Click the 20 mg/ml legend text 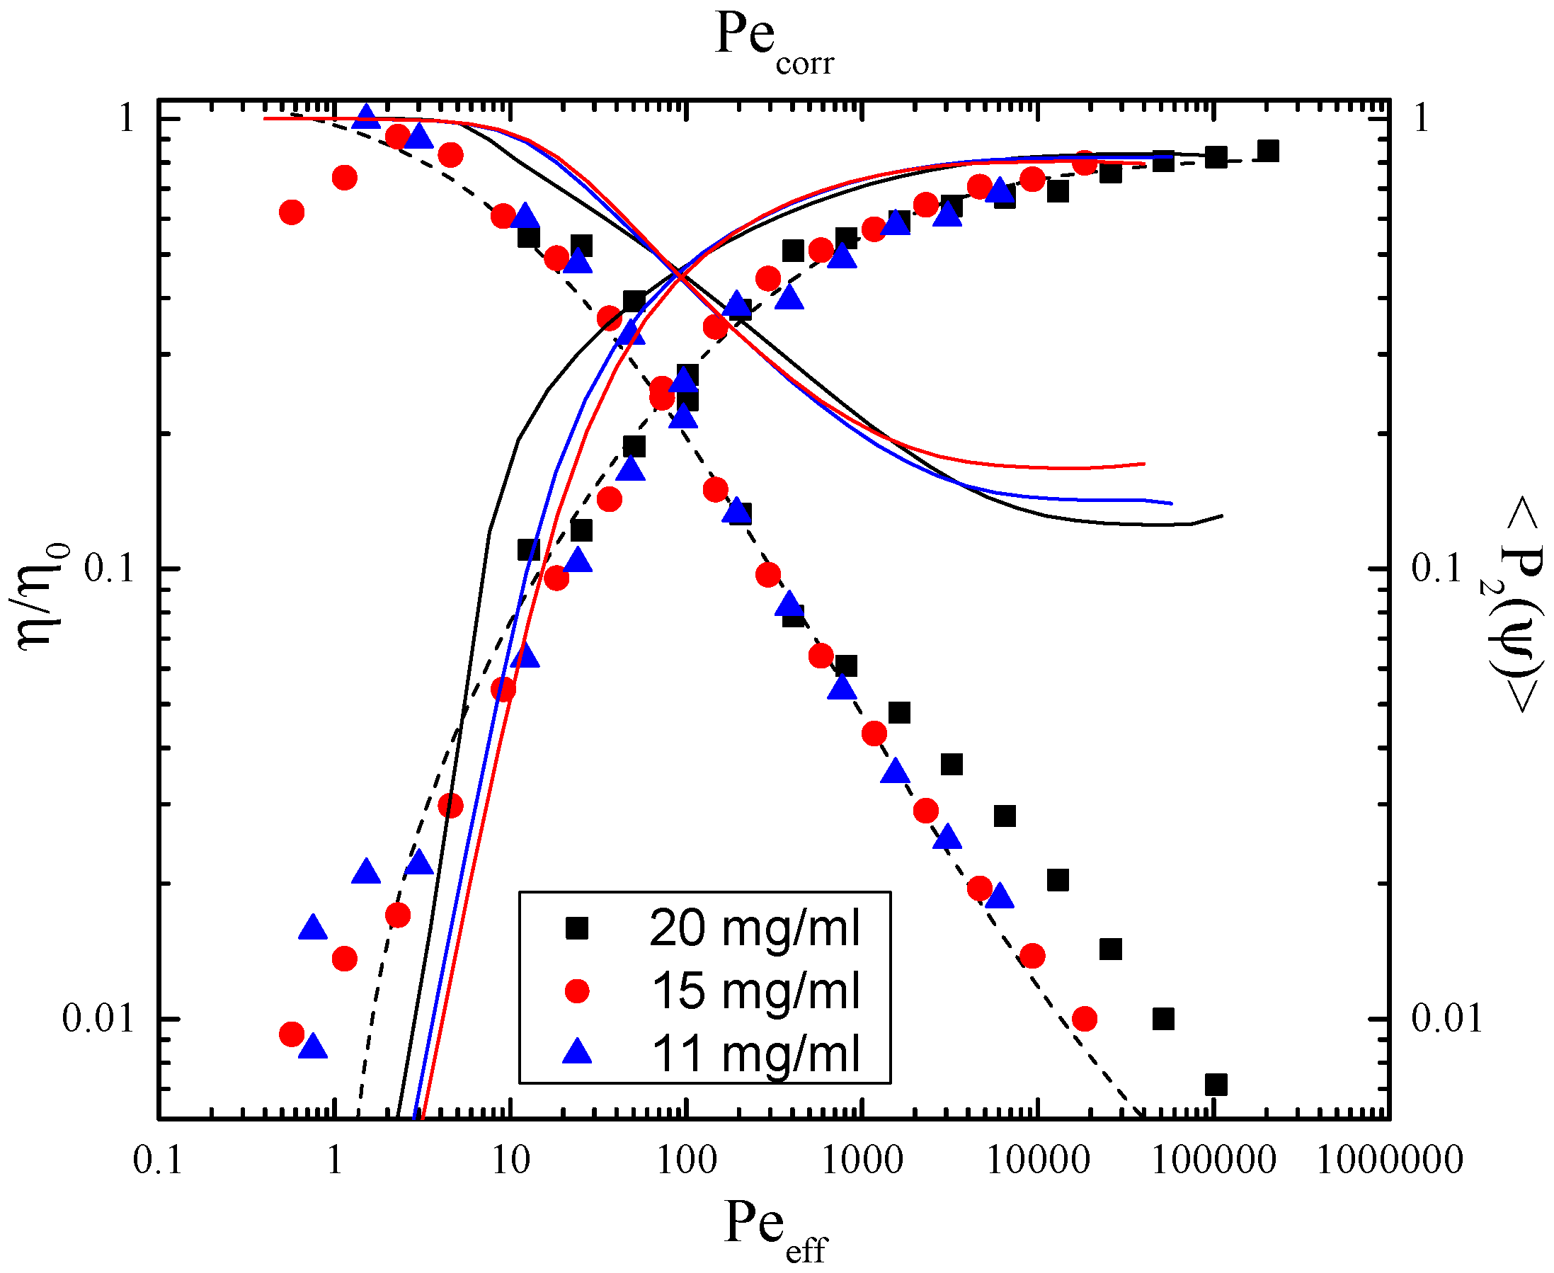[x=755, y=928]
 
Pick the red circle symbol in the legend [x=577, y=991]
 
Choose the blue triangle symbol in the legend [x=577, y=1053]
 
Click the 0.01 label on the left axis [x=99, y=1019]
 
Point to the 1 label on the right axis [x=1420, y=118]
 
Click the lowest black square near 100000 [x=1216, y=1085]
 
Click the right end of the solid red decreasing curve [x=1144, y=464]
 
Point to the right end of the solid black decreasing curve [x=1222, y=516]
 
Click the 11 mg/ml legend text [x=755, y=1054]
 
